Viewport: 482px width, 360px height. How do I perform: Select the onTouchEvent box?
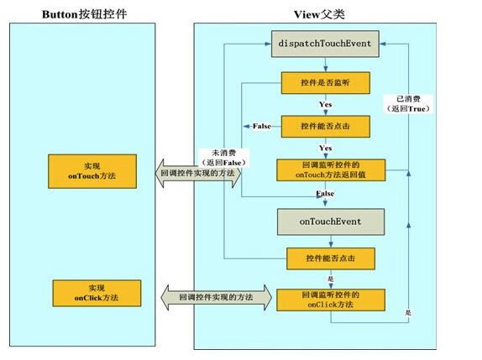(330, 222)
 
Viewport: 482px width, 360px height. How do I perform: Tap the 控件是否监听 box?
(325, 84)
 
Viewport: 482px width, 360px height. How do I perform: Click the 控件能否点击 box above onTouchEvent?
(325, 126)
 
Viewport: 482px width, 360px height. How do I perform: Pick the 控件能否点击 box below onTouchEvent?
(329, 258)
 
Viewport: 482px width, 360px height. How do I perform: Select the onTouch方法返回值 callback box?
(330, 170)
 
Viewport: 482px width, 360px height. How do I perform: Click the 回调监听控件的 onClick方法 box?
(330, 300)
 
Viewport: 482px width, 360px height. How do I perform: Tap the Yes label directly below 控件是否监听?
(325, 105)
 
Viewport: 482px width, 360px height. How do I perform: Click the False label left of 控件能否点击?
(262, 126)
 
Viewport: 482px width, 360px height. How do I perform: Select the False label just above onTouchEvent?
(325, 194)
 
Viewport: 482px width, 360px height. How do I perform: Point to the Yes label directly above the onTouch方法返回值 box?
(325, 147)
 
